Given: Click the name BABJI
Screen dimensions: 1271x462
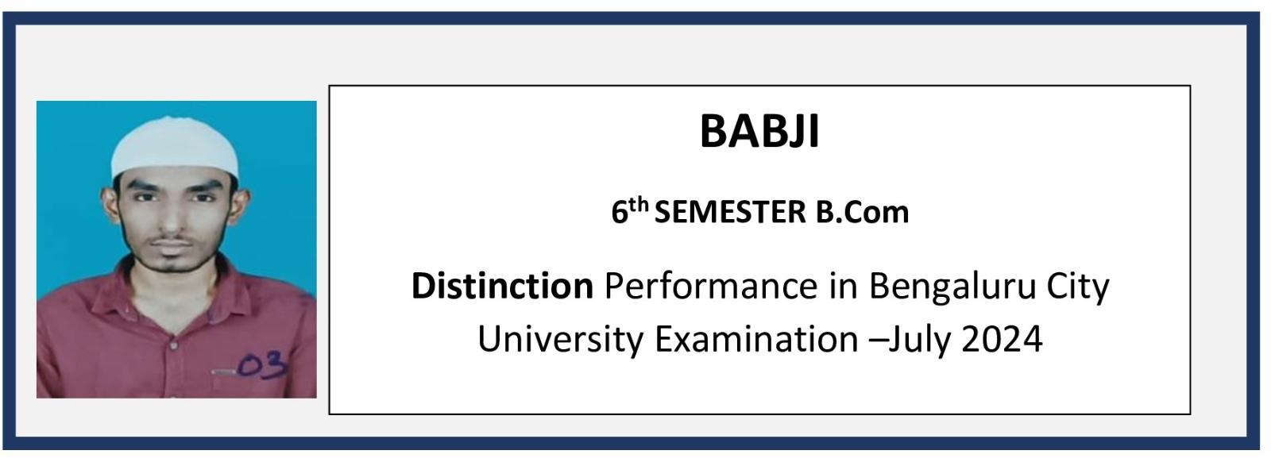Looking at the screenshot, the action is click(759, 132).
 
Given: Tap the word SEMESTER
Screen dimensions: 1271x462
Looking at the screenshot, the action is click(730, 212).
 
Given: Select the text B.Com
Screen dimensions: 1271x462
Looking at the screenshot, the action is click(862, 212).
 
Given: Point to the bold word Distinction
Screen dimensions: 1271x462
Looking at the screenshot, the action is click(502, 286).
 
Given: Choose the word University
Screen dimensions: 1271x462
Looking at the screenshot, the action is click(561, 340).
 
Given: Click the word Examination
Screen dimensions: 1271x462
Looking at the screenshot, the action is click(756, 339).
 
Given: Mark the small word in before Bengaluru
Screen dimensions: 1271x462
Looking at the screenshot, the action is click(843, 286).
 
